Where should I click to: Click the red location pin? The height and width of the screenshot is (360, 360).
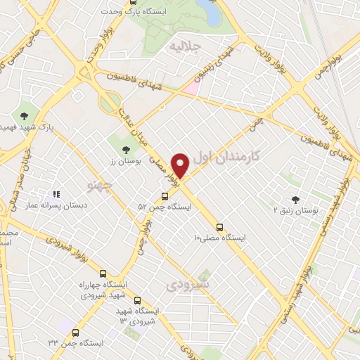181,165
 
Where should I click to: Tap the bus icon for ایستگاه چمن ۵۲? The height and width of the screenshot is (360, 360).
164,196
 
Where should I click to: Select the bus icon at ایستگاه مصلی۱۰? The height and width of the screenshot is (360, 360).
220,227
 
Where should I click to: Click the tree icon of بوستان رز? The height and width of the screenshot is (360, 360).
126,149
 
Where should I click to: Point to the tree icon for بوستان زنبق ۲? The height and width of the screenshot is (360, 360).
295,200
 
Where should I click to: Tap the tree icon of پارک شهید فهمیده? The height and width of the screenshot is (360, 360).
25,115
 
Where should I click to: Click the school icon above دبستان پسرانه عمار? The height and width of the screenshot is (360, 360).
57,195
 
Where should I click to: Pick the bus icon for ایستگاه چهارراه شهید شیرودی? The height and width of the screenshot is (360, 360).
104,274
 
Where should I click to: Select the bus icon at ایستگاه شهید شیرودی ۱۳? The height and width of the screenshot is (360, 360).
138,300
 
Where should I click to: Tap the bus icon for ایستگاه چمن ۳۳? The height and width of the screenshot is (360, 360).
75,332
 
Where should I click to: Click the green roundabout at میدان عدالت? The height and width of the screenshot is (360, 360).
109,104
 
